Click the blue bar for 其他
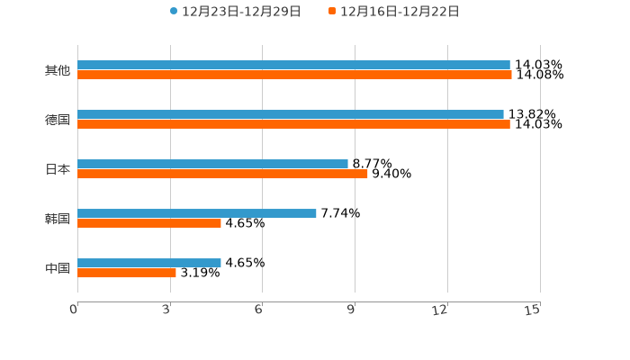(x=293, y=65)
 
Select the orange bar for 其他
(x=294, y=75)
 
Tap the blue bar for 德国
(x=291, y=114)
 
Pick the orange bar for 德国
(x=293, y=124)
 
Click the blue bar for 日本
(x=212, y=164)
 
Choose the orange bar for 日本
(x=222, y=174)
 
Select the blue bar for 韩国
(x=197, y=213)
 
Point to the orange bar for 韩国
(x=149, y=223)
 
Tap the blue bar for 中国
(x=149, y=263)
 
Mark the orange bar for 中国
(x=127, y=273)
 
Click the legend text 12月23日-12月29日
(x=241, y=12)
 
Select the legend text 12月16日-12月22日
(x=400, y=12)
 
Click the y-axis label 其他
(x=58, y=70)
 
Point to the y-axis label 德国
(x=58, y=120)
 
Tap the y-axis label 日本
(x=58, y=169)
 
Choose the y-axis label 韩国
(x=58, y=219)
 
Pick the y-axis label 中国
(x=58, y=268)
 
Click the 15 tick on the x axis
(x=533, y=310)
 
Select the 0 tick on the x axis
(x=75, y=310)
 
